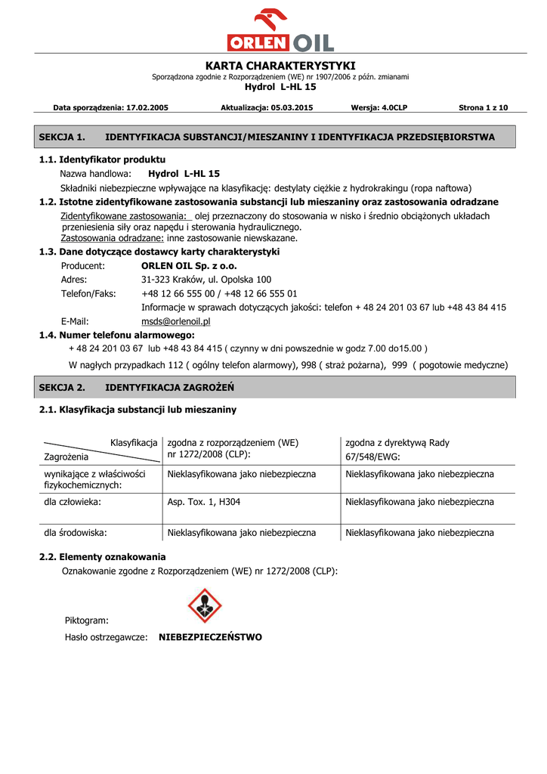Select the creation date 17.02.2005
pyautogui.click(x=147, y=108)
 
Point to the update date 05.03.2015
pyautogui.click(x=292, y=108)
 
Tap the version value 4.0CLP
pyautogui.click(x=389, y=108)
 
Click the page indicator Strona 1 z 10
pyautogui.click(x=484, y=108)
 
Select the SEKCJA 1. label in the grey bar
pyautogui.click(x=61, y=137)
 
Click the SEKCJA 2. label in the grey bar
pyautogui.click(x=61, y=387)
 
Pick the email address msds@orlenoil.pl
pyautogui.click(x=176, y=321)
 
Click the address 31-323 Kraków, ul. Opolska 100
pyautogui.click(x=206, y=280)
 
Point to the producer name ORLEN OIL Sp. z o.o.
pyautogui.click(x=189, y=266)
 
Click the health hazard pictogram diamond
pyautogui.click(x=205, y=605)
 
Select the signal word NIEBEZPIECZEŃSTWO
pyautogui.click(x=210, y=637)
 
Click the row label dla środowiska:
pyautogui.click(x=75, y=533)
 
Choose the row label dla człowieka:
pyautogui.click(x=73, y=502)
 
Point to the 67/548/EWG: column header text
pyautogui.click(x=372, y=457)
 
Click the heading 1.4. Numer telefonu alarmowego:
pyautogui.click(x=116, y=335)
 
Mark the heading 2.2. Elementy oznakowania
pyautogui.click(x=102, y=557)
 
